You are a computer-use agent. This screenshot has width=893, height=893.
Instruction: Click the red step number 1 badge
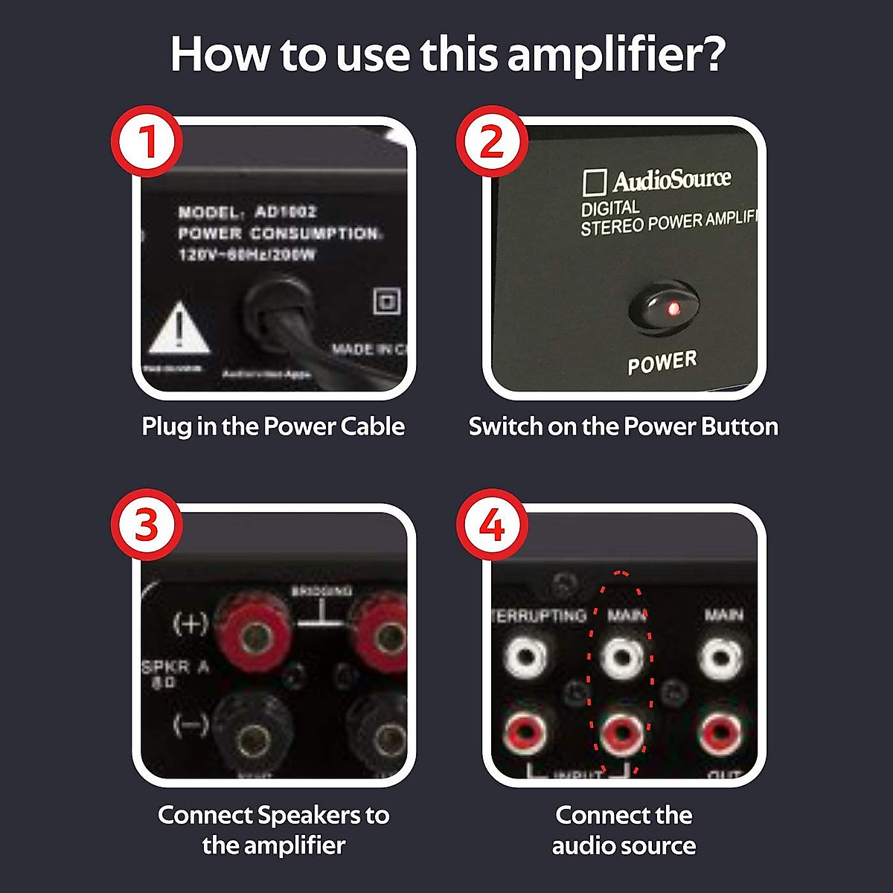click(x=147, y=141)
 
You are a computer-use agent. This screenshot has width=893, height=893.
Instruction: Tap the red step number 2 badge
click(x=491, y=141)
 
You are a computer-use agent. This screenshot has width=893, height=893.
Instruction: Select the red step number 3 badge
click(x=147, y=525)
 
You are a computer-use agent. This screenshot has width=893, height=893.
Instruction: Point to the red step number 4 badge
click(x=491, y=525)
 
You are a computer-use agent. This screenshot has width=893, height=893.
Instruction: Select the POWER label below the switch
click(x=662, y=363)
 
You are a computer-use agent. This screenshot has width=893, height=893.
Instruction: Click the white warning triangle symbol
click(x=179, y=327)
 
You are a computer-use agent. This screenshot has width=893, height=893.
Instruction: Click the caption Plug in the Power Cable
click(x=273, y=426)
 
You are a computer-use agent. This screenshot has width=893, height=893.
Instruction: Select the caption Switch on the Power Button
click(x=624, y=426)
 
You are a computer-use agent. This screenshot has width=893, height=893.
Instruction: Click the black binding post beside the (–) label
click(x=249, y=737)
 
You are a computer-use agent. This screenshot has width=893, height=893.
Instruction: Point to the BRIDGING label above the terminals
click(x=321, y=591)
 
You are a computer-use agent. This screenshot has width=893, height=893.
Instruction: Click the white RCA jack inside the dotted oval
click(x=621, y=657)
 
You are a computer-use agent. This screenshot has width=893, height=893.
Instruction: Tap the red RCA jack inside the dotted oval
click(x=621, y=733)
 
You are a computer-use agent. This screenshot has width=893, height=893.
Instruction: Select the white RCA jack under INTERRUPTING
click(x=525, y=657)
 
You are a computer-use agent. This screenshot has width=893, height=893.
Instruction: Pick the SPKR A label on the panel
click(x=176, y=668)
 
